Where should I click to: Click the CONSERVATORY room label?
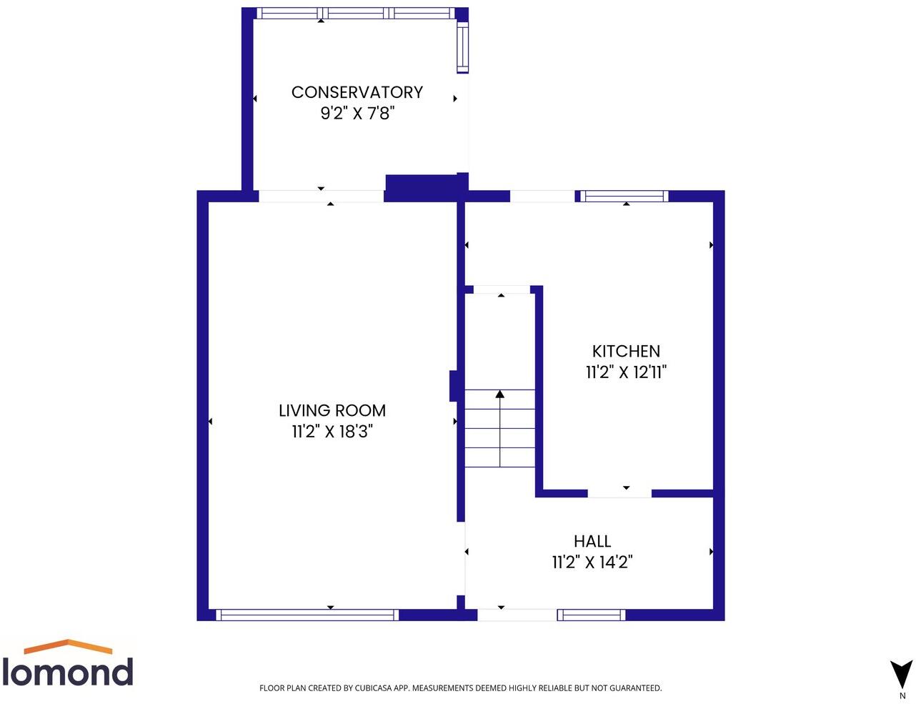(x=357, y=92)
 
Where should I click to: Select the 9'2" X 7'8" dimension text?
(x=357, y=113)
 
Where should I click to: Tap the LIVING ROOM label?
(x=332, y=410)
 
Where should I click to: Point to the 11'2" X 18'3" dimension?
(x=332, y=431)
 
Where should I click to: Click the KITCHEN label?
(x=626, y=351)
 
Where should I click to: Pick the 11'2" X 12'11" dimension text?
(x=626, y=372)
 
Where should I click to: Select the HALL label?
(x=592, y=541)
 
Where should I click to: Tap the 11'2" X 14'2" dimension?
(x=592, y=562)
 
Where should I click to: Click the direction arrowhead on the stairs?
(x=500, y=394)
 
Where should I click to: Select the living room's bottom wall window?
(x=307, y=615)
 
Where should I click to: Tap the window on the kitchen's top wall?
(x=624, y=196)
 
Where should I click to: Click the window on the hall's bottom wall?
(x=591, y=615)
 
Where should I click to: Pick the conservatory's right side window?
(x=462, y=47)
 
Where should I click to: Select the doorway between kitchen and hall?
(x=619, y=493)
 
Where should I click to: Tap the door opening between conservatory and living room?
(x=321, y=196)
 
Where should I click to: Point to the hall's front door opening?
(x=517, y=615)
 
